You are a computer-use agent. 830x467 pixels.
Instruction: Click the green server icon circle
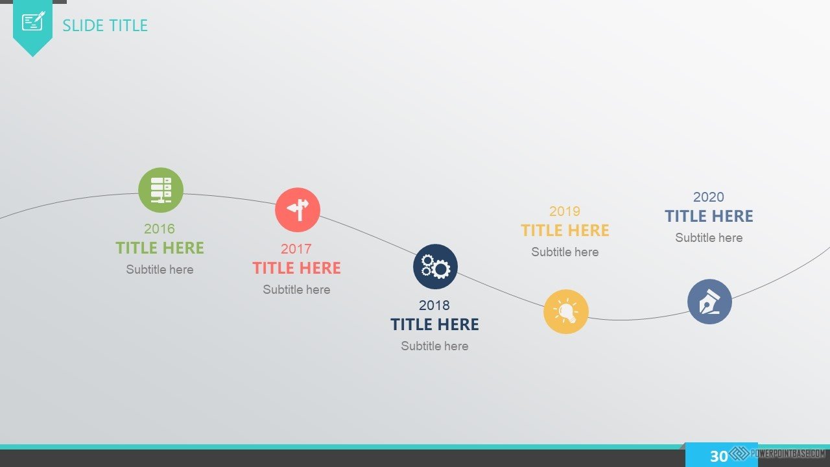pos(160,190)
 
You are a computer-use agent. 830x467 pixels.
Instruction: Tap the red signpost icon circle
pos(297,210)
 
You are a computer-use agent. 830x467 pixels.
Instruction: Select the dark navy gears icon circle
pos(435,267)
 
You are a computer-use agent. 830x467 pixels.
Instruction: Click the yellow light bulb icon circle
pos(566,312)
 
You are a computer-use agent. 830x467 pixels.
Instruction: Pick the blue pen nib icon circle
pos(709,302)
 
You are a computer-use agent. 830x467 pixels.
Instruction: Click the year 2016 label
pos(160,229)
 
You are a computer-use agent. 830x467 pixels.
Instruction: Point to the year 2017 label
pos(296,248)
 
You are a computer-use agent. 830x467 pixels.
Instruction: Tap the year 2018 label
pos(434,305)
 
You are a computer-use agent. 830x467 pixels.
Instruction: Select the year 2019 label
pos(565,211)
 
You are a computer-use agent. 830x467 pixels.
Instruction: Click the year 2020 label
pos(709,197)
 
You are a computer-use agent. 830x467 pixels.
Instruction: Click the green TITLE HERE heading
pos(160,248)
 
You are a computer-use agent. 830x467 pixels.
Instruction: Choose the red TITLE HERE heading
pos(296,268)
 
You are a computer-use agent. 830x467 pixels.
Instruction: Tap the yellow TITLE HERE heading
pos(565,230)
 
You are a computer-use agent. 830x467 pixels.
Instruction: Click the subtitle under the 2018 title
pos(434,346)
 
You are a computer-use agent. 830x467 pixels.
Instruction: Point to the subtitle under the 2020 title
pos(709,237)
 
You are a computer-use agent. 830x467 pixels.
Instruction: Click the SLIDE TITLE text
pos(105,25)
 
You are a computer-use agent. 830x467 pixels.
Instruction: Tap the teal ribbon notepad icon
pos(33,21)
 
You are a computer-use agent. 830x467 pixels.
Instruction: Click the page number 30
pos(719,456)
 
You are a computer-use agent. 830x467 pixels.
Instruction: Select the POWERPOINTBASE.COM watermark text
pos(788,453)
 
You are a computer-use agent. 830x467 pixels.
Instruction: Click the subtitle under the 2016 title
pos(160,269)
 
